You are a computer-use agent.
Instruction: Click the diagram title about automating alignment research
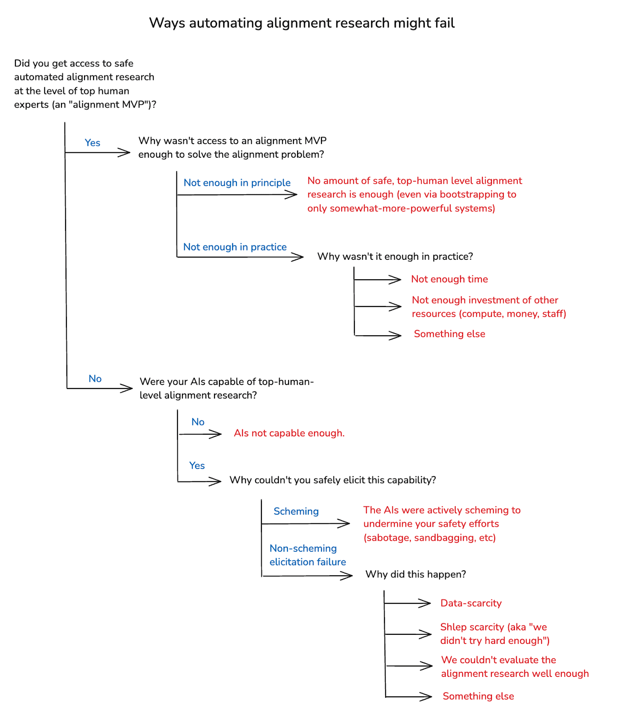(x=302, y=23)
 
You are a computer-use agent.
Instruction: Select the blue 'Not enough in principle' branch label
(x=237, y=183)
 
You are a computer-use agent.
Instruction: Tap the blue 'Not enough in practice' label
(x=235, y=247)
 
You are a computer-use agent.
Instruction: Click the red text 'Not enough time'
(x=449, y=279)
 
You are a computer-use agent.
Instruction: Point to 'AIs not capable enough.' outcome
(x=289, y=433)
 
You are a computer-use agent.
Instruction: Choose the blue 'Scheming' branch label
(x=296, y=512)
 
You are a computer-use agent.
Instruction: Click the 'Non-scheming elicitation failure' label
(x=307, y=555)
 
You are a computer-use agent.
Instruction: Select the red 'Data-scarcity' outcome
(x=471, y=603)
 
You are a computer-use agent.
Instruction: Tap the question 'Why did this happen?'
(x=415, y=574)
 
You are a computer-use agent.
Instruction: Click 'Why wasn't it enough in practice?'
(x=395, y=257)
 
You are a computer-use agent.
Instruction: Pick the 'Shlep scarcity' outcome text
(x=494, y=634)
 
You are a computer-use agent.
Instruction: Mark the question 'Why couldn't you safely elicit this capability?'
(x=333, y=480)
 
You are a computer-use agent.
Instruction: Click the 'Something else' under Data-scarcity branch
(x=478, y=696)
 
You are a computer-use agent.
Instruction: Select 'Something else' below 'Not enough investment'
(x=449, y=334)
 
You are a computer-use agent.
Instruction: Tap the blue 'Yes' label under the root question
(x=93, y=143)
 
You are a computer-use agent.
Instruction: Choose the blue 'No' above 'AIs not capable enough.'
(x=198, y=422)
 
